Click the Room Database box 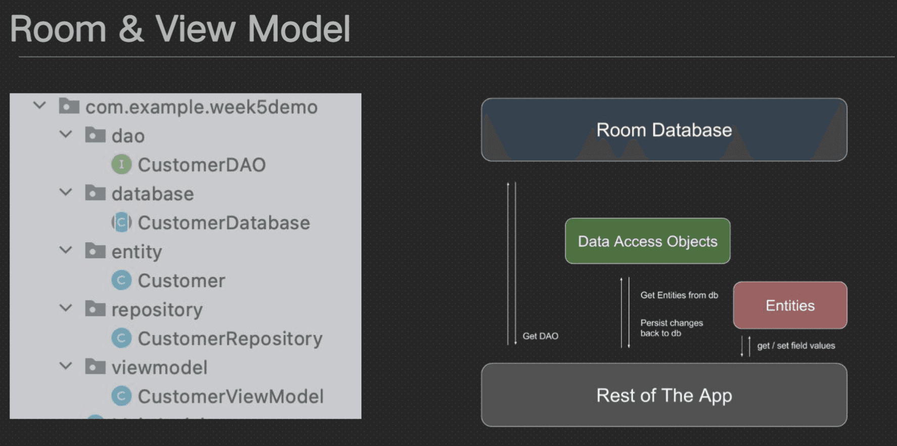[664, 130]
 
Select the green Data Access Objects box [647, 241]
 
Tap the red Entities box [790, 305]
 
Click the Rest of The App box [664, 395]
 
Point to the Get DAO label [540, 336]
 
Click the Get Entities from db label [679, 295]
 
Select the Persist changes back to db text [672, 328]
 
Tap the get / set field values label [796, 345]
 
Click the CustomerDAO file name [202, 165]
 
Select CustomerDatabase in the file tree [224, 223]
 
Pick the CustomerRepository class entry [230, 338]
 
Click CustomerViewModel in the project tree [230, 397]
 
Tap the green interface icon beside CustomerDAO [121, 164]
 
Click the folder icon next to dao [95, 135]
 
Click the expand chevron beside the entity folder [66, 250]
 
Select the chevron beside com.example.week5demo [39, 106]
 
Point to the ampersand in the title [131, 29]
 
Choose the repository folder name [157, 310]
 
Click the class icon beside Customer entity [121, 280]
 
